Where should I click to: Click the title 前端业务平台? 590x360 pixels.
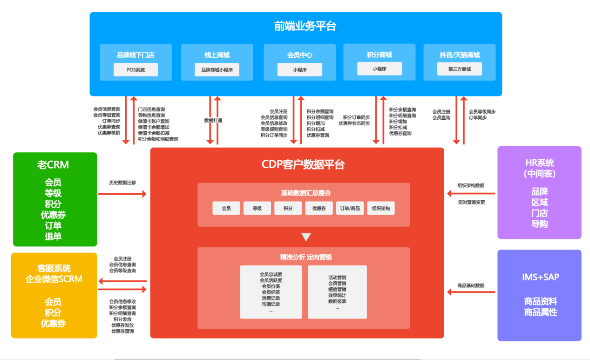(305, 27)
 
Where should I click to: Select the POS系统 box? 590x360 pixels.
(136, 70)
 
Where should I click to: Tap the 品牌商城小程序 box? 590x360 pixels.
(217, 70)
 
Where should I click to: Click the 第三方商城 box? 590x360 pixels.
(459, 69)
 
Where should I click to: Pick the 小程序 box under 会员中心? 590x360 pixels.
(299, 70)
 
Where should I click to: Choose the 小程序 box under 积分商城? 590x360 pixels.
(379, 69)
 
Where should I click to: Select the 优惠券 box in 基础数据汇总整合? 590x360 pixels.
(319, 208)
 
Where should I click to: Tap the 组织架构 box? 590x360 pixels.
(380, 208)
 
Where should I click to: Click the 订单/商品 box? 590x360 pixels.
(350, 208)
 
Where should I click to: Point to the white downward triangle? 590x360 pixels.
(305, 237)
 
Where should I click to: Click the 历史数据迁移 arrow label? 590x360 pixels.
(122, 182)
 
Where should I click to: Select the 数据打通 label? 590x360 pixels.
(213, 120)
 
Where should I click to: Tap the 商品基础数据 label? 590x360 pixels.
(470, 285)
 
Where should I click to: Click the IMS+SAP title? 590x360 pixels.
(540, 277)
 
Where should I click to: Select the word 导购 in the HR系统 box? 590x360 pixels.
(539, 224)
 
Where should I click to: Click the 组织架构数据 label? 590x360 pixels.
(470, 185)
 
